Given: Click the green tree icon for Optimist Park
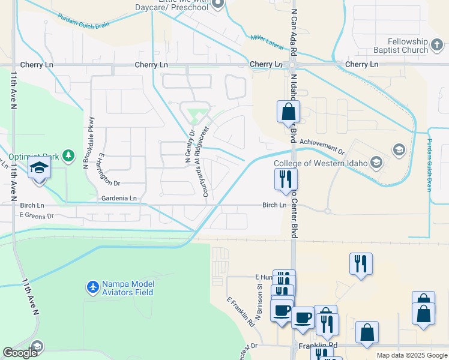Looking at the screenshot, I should (70, 156).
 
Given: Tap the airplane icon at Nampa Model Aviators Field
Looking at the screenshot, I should (92, 288).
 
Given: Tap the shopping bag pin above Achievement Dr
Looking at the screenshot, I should (288, 112).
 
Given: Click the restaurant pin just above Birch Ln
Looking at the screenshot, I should (286, 179).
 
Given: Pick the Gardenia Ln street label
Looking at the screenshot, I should (119, 197).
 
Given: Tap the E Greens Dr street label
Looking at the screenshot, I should (37, 214).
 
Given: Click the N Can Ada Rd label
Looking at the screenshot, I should (293, 29).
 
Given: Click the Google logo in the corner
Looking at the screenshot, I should (20, 353).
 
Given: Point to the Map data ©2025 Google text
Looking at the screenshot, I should (412, 355).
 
